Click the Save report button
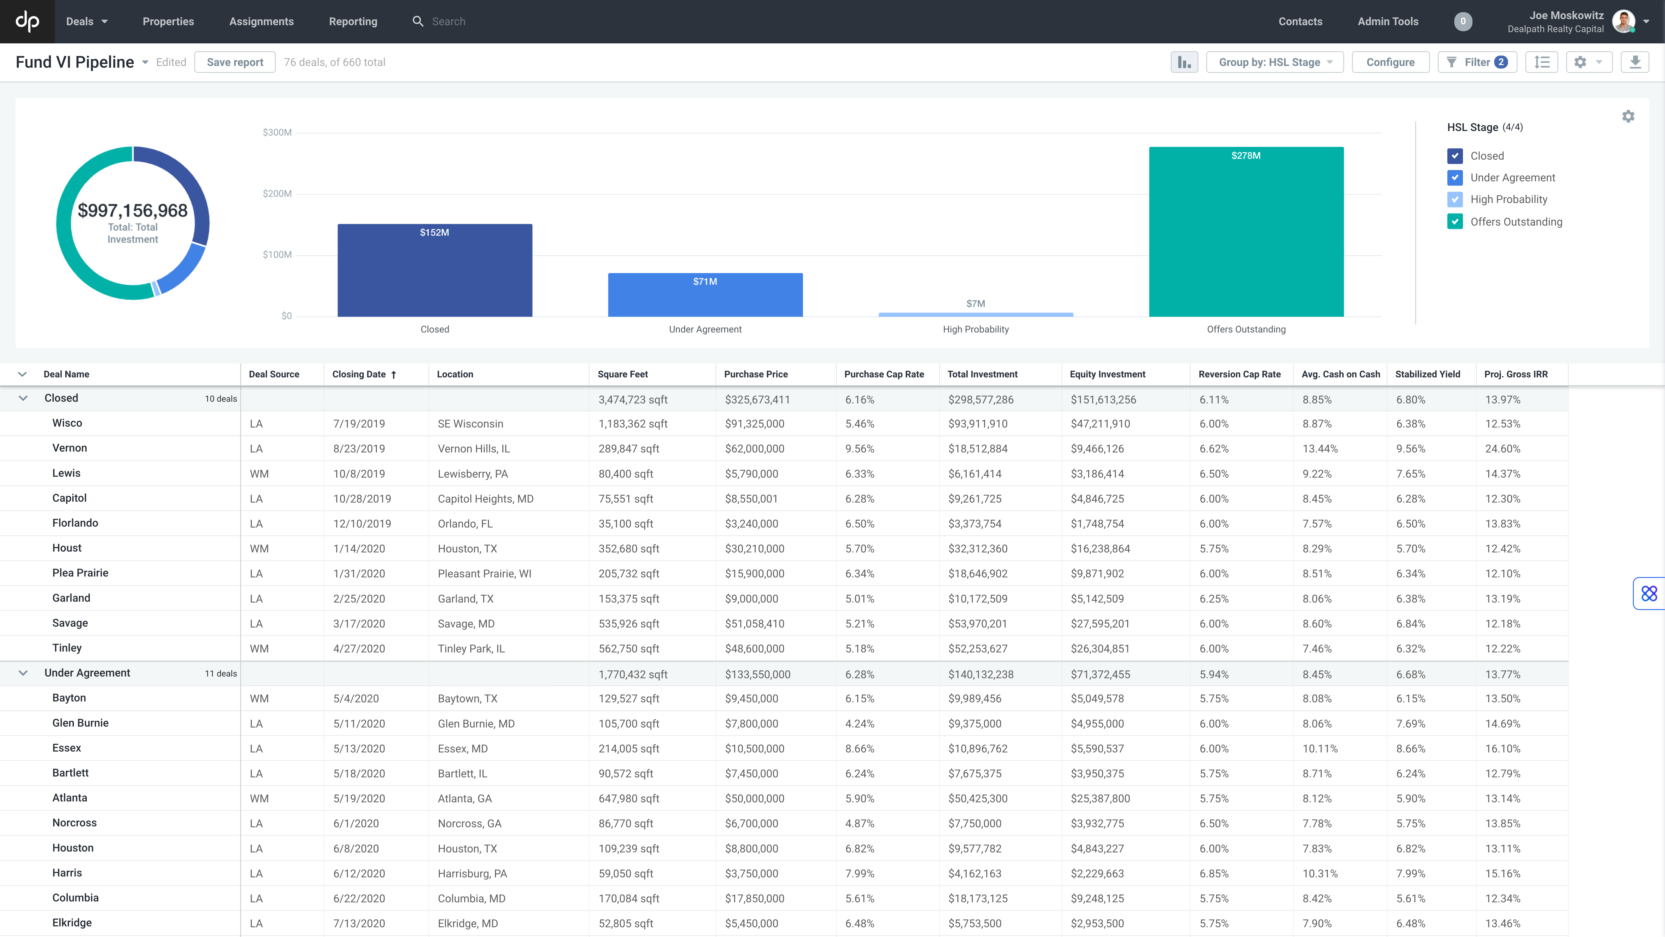point(235,62)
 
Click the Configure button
point(1390,62)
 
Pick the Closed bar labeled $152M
point(434,270)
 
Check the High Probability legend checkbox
point(1455,199)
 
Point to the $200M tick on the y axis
point(277,193)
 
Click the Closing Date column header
point(359,374)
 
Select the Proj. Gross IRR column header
point(1516,374)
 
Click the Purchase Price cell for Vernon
point(754,449)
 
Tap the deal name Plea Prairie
point(80,573)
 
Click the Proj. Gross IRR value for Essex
point(1502,749)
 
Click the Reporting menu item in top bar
point(353,21)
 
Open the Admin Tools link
point(1388,21)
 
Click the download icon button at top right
point(1635,62)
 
